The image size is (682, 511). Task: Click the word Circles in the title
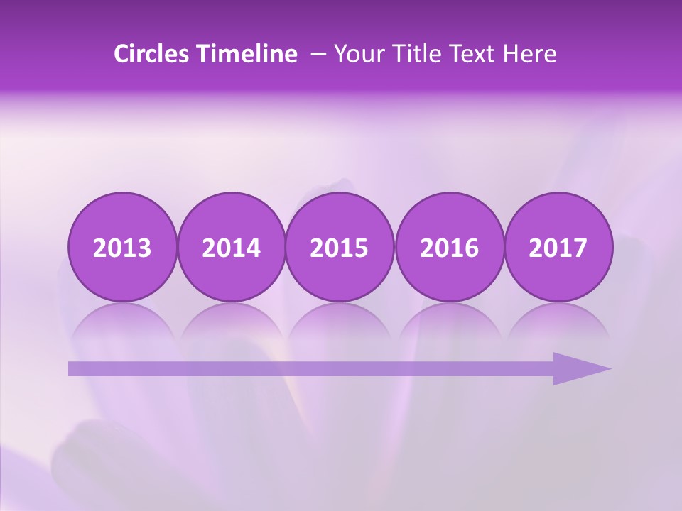[x=151, y=54]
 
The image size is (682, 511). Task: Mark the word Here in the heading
[x=530, y=54]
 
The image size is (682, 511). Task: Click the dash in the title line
[x=318, y=55]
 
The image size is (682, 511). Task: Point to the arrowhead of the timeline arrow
[x=586, y=368]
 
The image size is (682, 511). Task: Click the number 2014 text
[x=231, y=248]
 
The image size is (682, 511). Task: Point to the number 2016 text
[x=449, y=248]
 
